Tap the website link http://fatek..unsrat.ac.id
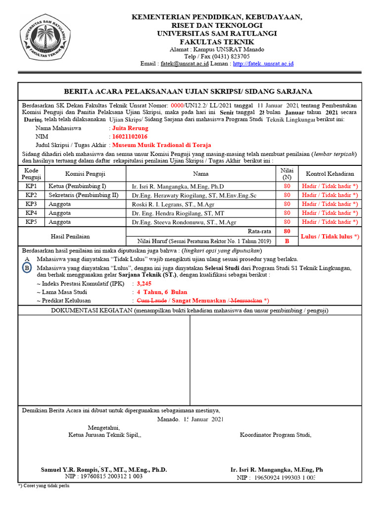(263, 63)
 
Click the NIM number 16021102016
(130, 137)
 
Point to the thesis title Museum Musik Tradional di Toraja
(162, 145)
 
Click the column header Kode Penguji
(31, 174)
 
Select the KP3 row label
(31, 204)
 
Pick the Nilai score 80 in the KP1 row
(286, 186)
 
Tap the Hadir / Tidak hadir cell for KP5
(330, 222)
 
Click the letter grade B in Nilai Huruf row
(286, 241)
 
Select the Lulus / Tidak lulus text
(330, 236)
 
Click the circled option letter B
(27, 268)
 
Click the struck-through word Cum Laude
(151, 301)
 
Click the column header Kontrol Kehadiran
(330, 174)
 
